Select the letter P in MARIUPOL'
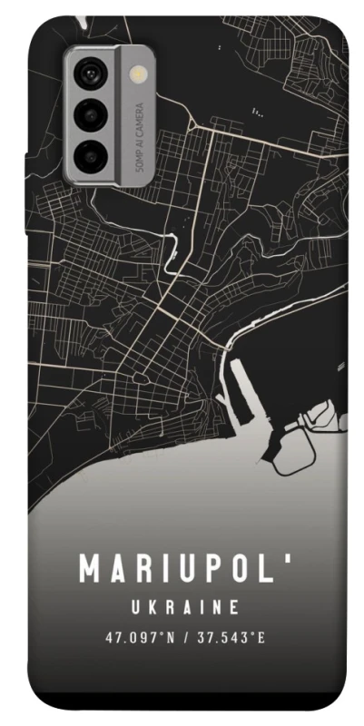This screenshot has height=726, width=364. point(215,569)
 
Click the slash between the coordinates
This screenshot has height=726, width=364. point(184,637)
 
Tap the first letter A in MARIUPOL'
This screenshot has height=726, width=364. point(117,569)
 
